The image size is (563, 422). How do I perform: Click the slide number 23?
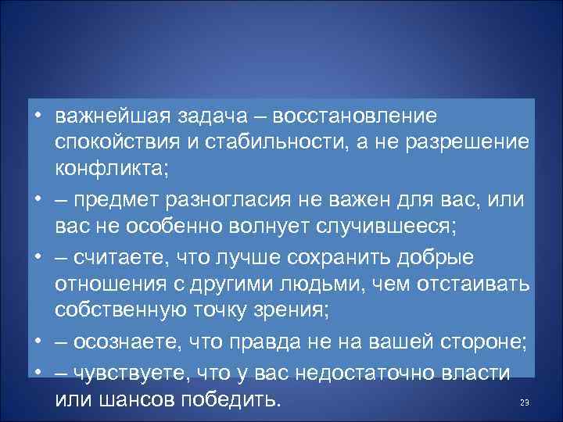tap(525, 402)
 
